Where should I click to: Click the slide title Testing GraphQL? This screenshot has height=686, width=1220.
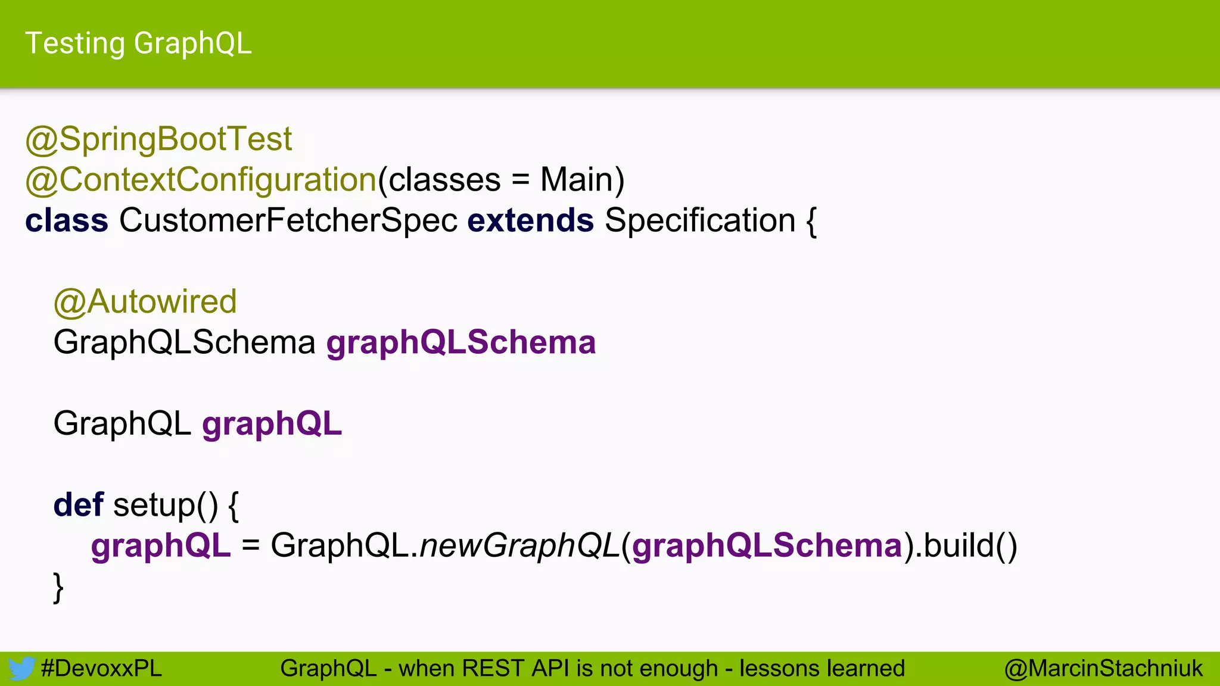point(138,43)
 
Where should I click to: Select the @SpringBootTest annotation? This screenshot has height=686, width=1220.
point(158,139)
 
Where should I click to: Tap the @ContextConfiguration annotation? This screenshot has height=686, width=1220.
point(201,180)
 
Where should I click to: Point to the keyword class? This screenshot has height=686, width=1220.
point(67,220)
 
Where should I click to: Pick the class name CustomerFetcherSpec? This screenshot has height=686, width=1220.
point(288,220)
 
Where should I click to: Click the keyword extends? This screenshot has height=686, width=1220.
point(530,220)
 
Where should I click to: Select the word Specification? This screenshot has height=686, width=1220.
point(700,220)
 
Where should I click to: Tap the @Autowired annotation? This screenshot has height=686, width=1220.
point(145,301)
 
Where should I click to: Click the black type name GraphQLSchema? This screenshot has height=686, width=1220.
point(184,342)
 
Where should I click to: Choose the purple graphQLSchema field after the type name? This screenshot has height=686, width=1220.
point(461,342)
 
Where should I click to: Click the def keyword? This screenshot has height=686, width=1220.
point(78,505)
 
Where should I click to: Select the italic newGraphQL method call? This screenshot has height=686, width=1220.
point(519,545)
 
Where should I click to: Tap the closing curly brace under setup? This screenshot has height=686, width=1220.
point(58,587)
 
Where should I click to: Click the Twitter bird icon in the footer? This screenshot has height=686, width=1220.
point(21,669)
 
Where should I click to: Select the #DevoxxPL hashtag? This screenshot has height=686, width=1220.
point(101,669)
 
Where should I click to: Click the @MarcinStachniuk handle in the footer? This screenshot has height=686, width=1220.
point(1103,669)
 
